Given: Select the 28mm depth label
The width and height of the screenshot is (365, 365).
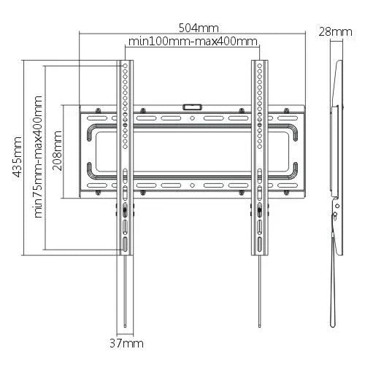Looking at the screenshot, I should pyautogui.click(x=335, y=31).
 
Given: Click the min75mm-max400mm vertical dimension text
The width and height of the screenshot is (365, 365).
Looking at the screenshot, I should pyautogui.click(x=39, y=156).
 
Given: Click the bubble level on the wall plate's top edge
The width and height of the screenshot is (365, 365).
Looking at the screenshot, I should pyautogui.click(x=192, y=107).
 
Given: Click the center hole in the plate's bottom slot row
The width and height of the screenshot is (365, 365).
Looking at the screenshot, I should pyautogui.click(x=192, y=191).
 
